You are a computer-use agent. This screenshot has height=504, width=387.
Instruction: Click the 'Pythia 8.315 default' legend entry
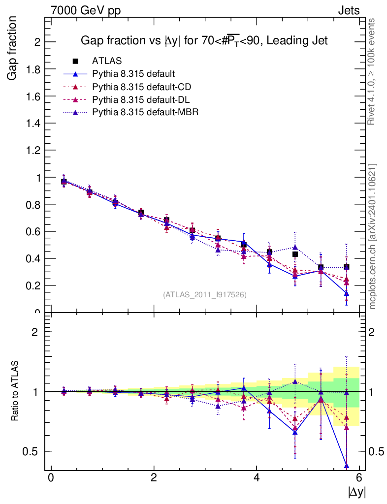coord(133,74)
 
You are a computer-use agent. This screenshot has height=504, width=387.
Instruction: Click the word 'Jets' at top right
coord(348,10)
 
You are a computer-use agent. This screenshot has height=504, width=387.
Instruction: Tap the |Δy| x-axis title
coord(357,491)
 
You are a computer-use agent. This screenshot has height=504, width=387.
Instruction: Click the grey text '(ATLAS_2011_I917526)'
coord(205,294)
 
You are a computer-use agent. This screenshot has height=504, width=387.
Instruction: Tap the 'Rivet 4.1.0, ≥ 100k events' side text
coord(372,72)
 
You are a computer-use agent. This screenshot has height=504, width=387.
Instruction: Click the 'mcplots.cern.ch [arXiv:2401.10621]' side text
coord(373,236)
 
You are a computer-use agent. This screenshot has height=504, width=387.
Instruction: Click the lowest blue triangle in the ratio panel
coord(347,465)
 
